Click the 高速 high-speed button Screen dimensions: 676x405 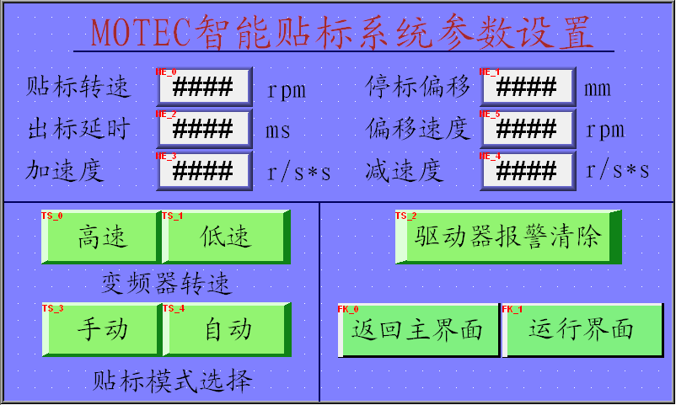click(101, 237)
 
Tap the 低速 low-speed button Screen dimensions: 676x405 click(227, 237)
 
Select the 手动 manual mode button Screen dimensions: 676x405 click(103, 329)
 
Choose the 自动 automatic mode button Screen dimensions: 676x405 click(228, 329)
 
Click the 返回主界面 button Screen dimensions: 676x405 click(418, 330)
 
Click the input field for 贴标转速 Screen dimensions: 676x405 click(204, 87)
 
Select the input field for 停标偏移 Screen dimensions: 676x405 click(528, 87)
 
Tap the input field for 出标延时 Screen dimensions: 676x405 click(204, 129)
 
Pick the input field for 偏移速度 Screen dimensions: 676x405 click(528, 129)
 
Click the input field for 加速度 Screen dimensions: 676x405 click(204, 171)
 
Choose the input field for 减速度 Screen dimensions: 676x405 click(528, 171)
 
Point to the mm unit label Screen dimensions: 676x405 click(598, 89)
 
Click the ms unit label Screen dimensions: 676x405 click(278, 131)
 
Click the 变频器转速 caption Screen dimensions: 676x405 click(166, 283)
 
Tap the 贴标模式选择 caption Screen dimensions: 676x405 click(173, 381)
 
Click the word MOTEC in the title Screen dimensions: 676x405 click(141, 32)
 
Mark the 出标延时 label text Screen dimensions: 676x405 click(79, 128)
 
